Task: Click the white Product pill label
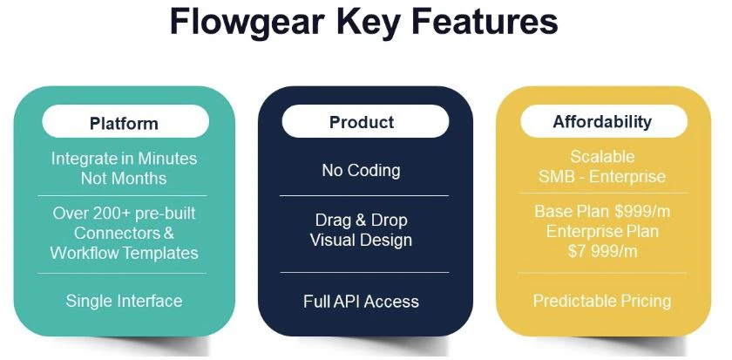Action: tap(362, 122)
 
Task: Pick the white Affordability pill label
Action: tap(602, 121)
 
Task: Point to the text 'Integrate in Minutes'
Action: tap(124, 159)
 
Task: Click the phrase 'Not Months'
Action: tap(124, 179)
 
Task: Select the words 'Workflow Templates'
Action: tap(124, 253)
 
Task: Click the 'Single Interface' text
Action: tap(124, 301)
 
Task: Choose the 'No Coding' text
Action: tap(361, 170)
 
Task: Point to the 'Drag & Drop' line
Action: tap(361, 220)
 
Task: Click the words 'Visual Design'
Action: tap(361, 240)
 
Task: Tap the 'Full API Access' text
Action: tap(361, 302)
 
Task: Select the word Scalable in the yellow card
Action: tap(602, 157)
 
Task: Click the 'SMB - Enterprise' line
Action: tap(602, 177)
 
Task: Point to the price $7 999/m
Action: tap(602, 251)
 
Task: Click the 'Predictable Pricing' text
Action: tap(602, 302)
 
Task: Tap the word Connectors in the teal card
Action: tap(118, 233)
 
